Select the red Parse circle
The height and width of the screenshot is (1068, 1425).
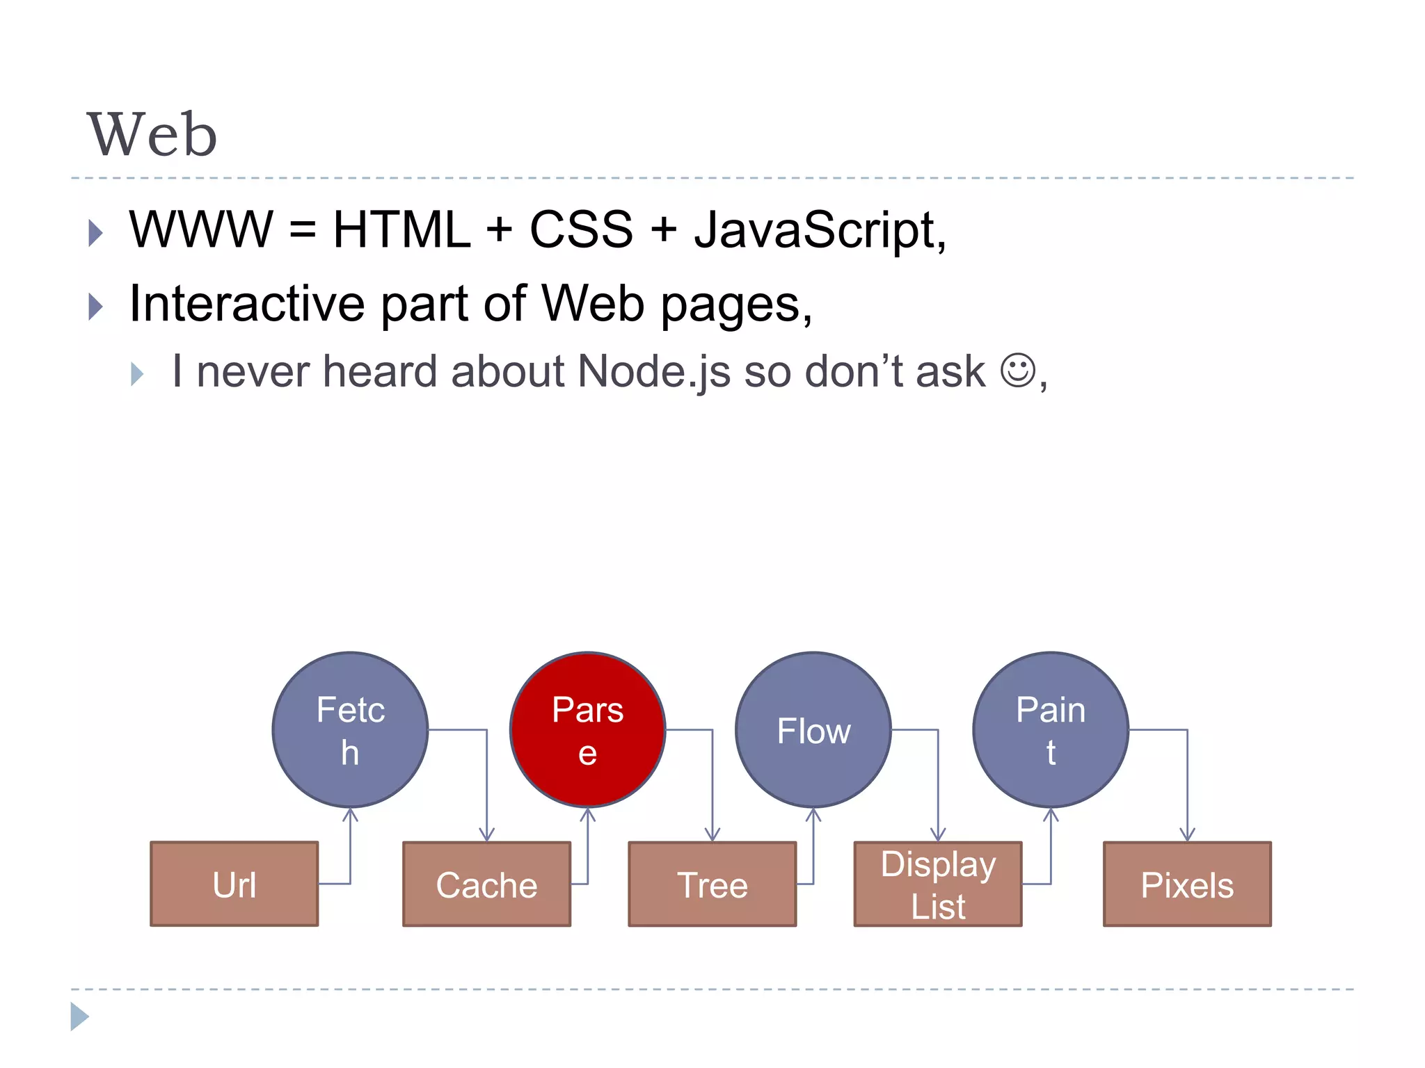(x=588, y=729)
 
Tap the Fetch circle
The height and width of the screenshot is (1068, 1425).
(x=350, y=729)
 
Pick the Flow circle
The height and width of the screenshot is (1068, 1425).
(x=813, y=729)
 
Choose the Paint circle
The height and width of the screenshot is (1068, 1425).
(x=1051, y=729)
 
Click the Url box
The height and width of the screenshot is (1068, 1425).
(x=234, y=884)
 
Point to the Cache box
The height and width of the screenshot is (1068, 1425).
(x=486, y=884)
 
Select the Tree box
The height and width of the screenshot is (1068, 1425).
(x=712, y=884)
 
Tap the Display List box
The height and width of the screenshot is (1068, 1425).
(x=938, y=884)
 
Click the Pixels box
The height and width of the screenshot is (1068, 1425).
(x=1187, y=884)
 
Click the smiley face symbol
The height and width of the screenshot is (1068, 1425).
(x=1018, y=370)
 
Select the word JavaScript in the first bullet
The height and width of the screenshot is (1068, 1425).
(x=819, y=229)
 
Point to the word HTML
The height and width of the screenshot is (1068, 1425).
(x=401, y=229)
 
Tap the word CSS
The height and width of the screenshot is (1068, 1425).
(x=581, y=229)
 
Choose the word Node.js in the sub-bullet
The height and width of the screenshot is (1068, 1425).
(x=654, y=371)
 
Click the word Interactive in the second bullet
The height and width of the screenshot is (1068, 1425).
(x=247, y=304)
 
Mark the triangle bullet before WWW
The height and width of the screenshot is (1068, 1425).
(x=96, y=232)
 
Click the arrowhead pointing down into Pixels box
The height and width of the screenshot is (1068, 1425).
(x=1187, y=834)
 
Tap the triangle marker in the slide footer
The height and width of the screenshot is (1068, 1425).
(x=79, y=1017)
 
